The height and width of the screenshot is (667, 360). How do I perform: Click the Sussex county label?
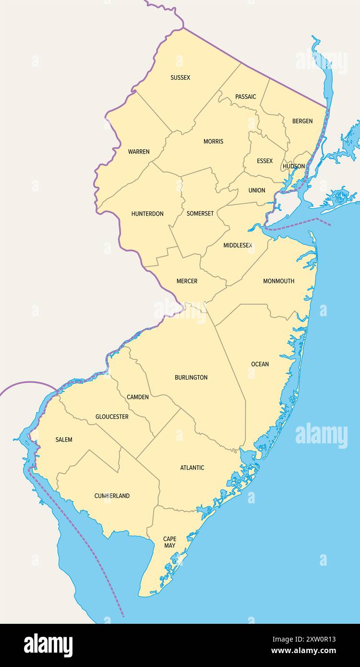(x=180, y=77)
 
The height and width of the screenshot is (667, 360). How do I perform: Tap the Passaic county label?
(x=245, y=96)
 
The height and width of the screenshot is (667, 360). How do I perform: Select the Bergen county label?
(x=302, y=121)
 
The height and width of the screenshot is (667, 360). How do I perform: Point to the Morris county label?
(x=213, y=141)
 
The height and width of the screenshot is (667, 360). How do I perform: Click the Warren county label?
(x=138, y=152)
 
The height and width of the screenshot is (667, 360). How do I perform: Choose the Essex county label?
(x=264, y=161)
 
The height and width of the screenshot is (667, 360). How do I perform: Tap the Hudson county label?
(x=293, y=166)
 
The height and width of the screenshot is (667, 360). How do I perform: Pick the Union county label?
(x=256, y=190)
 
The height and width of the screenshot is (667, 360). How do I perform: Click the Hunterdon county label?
(x=147, y=214)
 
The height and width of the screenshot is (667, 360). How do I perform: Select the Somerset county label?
(x=200, y=214)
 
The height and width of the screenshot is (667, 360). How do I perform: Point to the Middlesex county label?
(x=238, y=245)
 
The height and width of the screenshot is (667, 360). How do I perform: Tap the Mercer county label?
(x=187, y=281)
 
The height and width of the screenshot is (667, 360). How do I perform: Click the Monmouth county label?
(x=278, y=281)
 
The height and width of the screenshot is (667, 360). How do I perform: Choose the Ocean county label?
(x=260, y=364)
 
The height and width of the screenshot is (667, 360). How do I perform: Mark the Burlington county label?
(x=191, y=377)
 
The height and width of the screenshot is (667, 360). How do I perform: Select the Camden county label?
(x=137, y=397)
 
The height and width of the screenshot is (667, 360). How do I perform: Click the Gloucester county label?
(x=112, y=417)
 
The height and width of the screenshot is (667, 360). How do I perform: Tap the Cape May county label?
(x=169, y=542)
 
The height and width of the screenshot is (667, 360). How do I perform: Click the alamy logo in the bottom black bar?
(x=48, y=645)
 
